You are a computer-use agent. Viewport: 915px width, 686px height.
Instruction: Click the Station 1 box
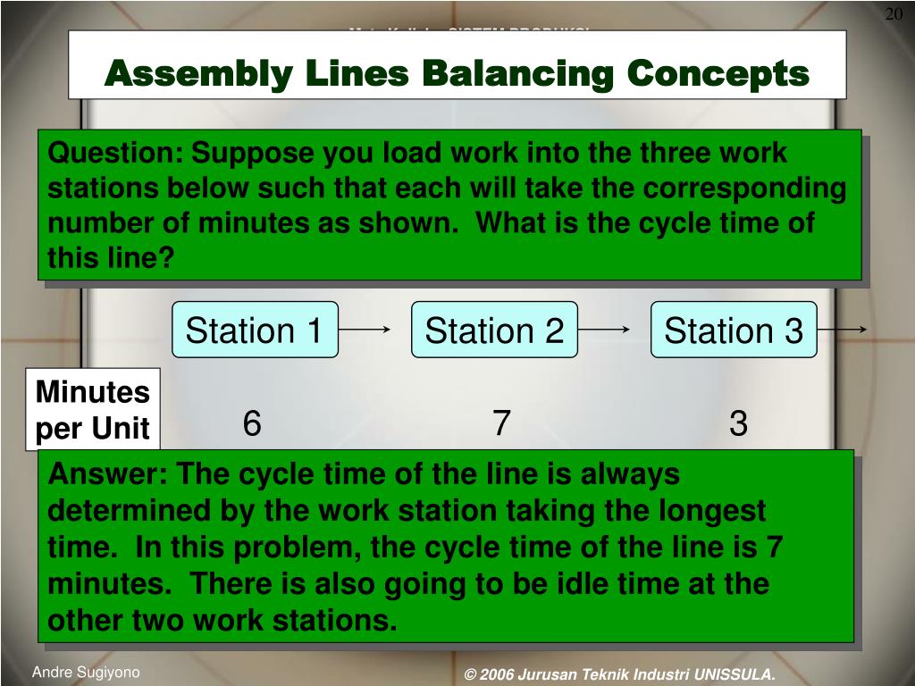255,330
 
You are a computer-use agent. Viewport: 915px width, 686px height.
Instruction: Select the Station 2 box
494,330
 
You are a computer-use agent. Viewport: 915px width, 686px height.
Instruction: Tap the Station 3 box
734,330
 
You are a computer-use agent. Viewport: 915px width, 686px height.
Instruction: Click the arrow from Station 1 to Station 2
365,330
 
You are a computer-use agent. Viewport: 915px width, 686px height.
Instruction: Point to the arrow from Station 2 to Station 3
605,330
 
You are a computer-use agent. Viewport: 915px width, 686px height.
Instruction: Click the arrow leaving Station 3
842,330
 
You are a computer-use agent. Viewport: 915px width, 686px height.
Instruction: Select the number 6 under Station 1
252,423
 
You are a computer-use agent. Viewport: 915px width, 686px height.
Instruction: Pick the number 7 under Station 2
501,423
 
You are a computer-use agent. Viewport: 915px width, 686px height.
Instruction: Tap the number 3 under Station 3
738,423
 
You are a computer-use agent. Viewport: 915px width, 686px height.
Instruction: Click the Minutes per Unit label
92,410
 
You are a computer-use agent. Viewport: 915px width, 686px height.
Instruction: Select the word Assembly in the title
198,73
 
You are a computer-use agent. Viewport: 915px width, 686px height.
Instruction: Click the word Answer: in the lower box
106,475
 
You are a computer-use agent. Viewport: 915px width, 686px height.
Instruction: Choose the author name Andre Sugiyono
86,673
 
